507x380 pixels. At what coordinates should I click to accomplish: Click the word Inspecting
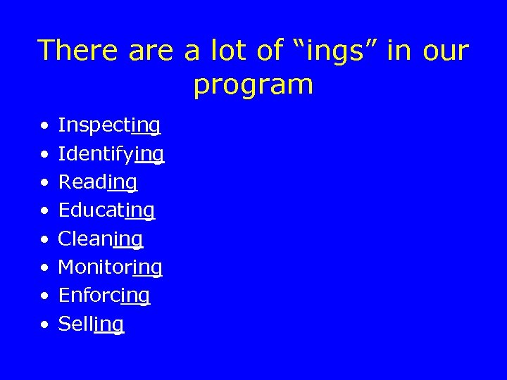tap(109, 126)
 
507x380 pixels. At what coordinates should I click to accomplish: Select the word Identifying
tap(111, 154)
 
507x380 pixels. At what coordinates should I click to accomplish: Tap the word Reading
tap(97, 183)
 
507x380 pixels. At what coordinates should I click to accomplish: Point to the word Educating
tap(106, 211)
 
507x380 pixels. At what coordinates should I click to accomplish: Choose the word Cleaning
tap(100, 239)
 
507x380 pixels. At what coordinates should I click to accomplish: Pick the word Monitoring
tap(110, 267)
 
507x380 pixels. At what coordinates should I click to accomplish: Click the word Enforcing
tap(104, 296)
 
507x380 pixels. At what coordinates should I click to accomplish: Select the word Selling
tap(91, 324)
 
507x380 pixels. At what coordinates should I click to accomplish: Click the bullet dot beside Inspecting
tap(44, 127)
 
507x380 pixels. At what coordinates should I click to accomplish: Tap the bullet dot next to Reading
tap(44, 184)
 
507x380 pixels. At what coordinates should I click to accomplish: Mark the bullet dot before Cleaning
tap(44, 241)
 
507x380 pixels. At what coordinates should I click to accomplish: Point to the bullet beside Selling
tap(44, 326)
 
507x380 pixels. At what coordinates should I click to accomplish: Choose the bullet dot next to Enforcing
tap(44, 297)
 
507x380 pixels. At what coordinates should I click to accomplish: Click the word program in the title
tap(254, 86)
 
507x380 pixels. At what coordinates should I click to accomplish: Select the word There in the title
tap(77, 51)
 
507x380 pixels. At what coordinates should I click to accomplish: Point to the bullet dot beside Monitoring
tap(44, 269)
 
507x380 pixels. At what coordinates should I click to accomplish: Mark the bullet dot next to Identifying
tap(44, 156)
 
